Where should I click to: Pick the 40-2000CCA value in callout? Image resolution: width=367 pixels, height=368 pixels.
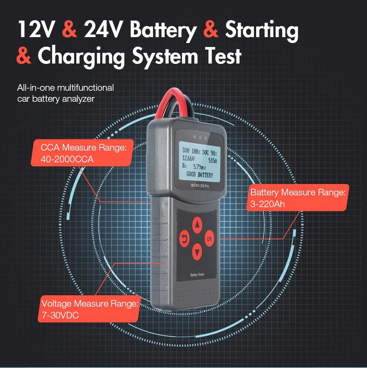point(67,159)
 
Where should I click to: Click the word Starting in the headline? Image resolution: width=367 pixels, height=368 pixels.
point(261,30)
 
